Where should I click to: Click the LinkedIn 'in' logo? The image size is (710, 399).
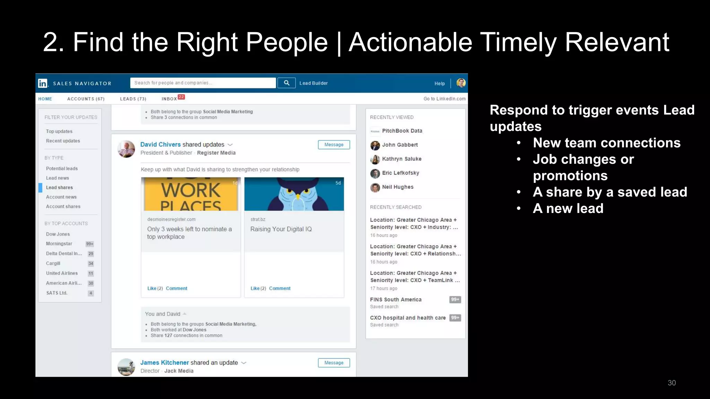click(43, 83)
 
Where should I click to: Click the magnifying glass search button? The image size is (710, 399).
click(287, 83)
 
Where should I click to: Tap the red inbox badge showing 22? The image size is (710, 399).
click(181, 97)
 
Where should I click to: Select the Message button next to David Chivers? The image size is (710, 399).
click(334, 145)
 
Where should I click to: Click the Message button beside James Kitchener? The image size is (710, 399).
click(334, 363)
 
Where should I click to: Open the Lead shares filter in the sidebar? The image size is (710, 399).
click(59, 187)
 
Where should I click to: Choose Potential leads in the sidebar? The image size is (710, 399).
click(62, 168)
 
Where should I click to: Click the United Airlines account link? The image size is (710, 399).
click(62, 273)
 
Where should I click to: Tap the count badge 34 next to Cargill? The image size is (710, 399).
click(91, 264)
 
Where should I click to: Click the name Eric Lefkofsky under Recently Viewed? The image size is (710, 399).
click(400, 173)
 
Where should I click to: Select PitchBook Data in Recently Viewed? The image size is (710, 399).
click(402, 131)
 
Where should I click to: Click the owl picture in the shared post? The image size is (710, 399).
click(294, 194)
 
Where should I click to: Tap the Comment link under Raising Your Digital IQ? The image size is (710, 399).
click(280, 288)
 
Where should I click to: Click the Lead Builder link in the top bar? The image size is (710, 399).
click(313, 83)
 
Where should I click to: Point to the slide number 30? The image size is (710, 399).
click(672, 383)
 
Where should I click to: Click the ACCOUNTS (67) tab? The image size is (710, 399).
click(86, 99)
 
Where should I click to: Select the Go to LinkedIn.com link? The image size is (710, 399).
click(444, 99)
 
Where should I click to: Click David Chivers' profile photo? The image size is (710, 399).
click(126, 149)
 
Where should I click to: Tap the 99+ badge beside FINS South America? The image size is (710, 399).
click(455, 300)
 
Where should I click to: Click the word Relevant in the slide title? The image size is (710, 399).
click(617, 42)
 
